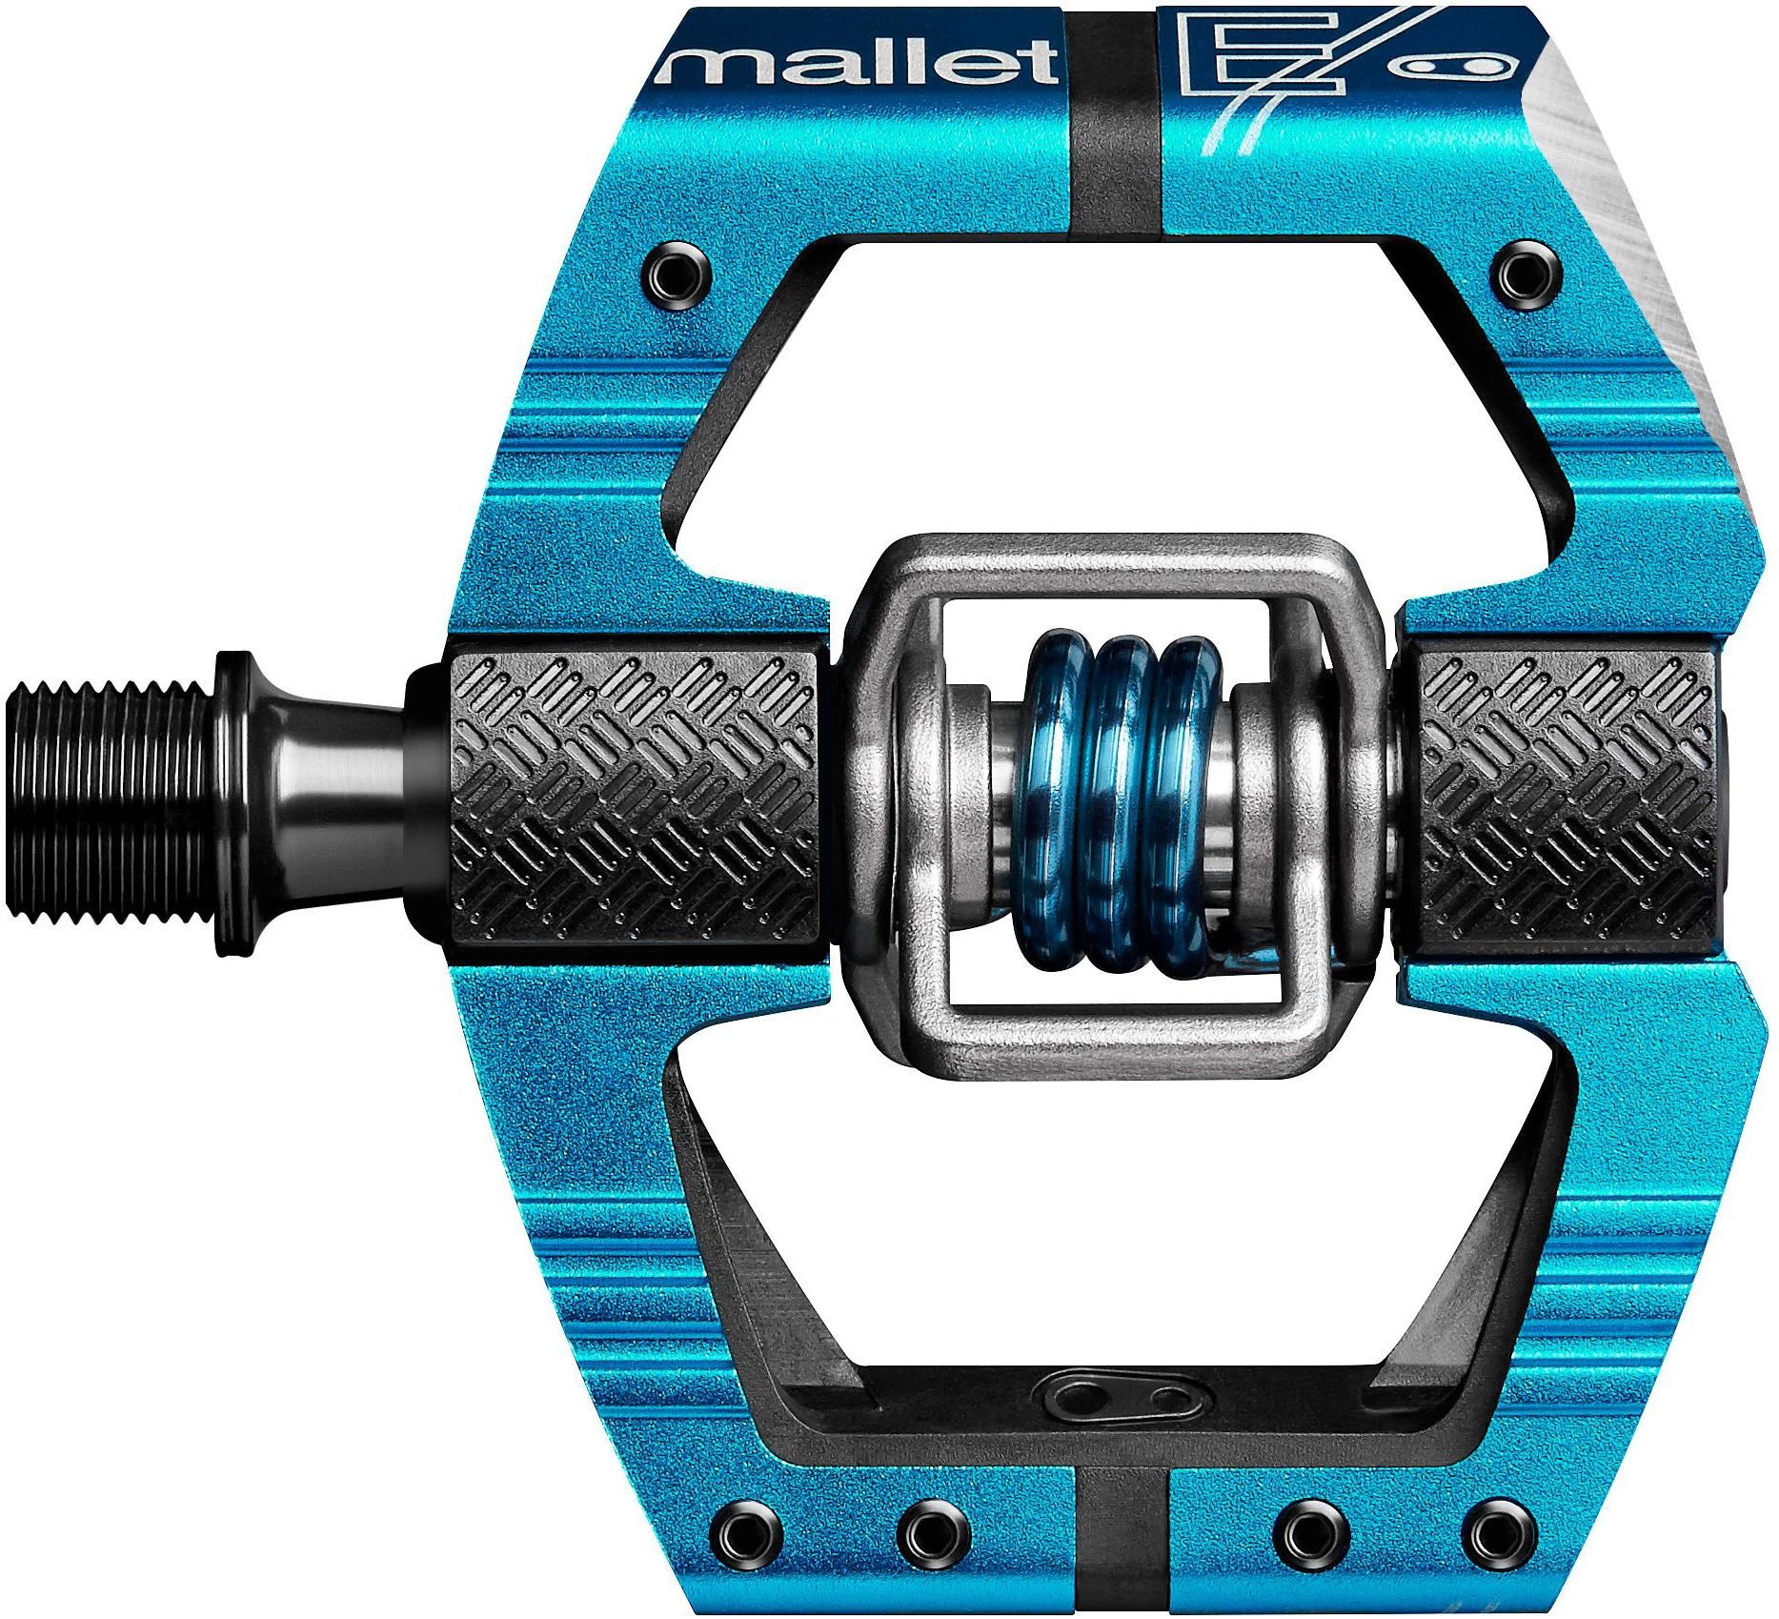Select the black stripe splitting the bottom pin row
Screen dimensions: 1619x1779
click(1122, 1534)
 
